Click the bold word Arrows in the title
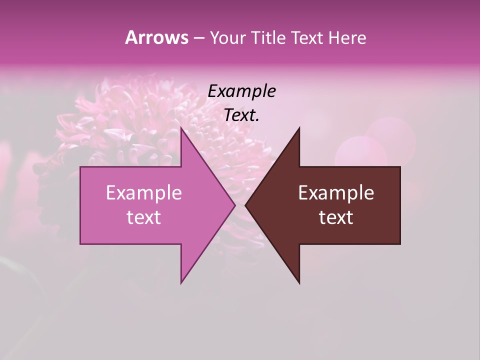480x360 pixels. click(156, 37)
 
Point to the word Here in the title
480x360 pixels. click(347, 38)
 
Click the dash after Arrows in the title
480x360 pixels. click(198, 38)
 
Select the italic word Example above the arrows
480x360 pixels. click(241, 91)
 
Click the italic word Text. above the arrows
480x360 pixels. click(241, 115)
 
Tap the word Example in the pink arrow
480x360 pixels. click(143, 193)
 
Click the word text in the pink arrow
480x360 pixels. click(143, 217)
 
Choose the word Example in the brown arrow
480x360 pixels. click(336, 193)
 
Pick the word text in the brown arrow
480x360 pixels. click(336, 217)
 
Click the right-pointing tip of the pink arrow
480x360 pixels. click(234, 205)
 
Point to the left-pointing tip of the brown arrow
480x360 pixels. click(246, 205)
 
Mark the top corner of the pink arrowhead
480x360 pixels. click(181, 128)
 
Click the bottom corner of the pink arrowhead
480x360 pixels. click(181, 282)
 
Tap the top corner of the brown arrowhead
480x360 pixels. click(299, 128)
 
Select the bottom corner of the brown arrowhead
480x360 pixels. click(299, 282)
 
